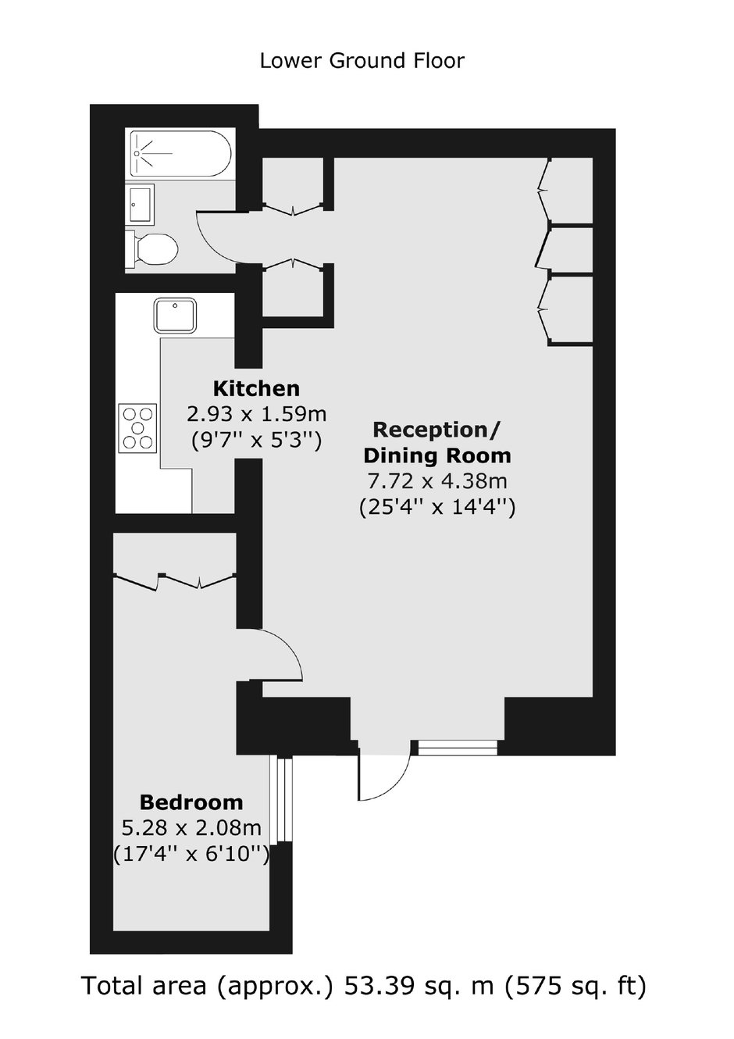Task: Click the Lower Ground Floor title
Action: (x=362, y=61)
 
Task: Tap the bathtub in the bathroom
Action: (x=180, y=154)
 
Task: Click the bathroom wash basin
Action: (x=140, y=204)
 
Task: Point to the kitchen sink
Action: (x=175, y=315)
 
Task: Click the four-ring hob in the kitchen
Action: (x=137, y=427)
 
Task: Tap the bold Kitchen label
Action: (x=256, y=389)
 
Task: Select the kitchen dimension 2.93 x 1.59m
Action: (x=256, y=414)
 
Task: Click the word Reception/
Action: (x=436, y=431)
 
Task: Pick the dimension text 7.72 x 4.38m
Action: (x=436, y=482)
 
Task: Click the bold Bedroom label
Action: (x=191, y=802)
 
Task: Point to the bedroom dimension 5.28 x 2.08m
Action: (x=191, y=827)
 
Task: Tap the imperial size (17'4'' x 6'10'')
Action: (x=191, y=854)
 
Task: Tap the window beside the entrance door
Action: (x=457, y=748)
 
